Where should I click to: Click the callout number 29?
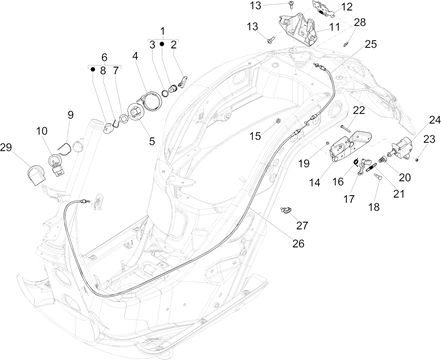[x=6, y=147]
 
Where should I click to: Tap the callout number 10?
[x=42, y=131]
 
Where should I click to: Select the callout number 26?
[x=298, y=244]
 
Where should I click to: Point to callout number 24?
[x=435, y=120]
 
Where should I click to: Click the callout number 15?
[x=255, y=136]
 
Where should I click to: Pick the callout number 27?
[x=302, y=226]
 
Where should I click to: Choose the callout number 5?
[x=152, y=141]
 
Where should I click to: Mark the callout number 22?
[x=359, y=110]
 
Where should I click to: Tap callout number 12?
[x=347, y=7]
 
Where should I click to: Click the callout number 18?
[x=374, y=207]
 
